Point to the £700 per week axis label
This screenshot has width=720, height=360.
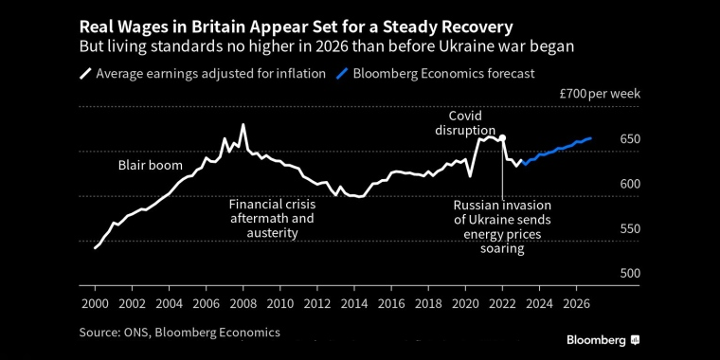coord(601,94)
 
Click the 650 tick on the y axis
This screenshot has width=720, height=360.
coord(630,139)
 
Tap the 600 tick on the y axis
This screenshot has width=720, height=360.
coord(630,184)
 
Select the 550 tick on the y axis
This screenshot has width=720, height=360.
coord(630,228)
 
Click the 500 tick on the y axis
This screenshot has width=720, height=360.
coord(630,273)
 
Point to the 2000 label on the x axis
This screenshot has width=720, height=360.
coord(95,304)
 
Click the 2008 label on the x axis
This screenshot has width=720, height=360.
coord(243,304)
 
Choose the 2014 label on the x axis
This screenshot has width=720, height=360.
coord(353,304)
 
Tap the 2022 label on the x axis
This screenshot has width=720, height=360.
coord(501,304)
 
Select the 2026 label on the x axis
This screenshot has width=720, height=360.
coord(575,304)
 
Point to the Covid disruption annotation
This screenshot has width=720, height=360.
coord(465,122)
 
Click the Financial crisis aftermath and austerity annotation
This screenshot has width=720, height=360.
coord(272,218)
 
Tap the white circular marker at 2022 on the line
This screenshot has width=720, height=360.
coord(502,138)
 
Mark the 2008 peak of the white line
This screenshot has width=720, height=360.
coord(243,125)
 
